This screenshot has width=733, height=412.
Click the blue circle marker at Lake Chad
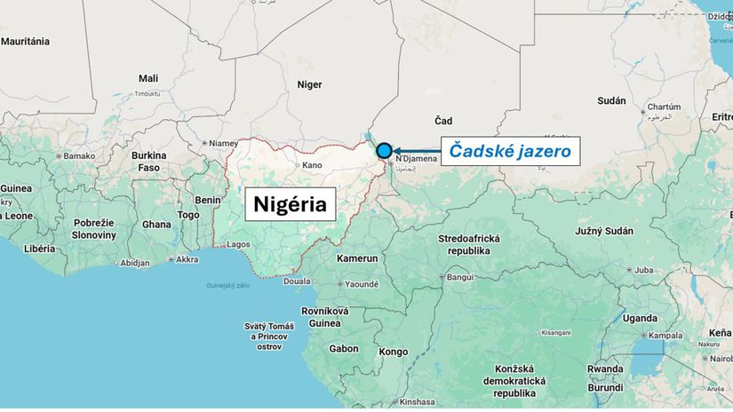pyautogui.click(x=384, y=151)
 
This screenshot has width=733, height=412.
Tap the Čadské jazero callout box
pyautogui.click(x=510, y=151)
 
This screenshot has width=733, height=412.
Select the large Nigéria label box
pyautogui.click(x=291, y=204)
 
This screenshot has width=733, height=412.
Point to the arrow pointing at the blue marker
pyautogui.click(x=416, y=151)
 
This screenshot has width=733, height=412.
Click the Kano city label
pyautogui.click(x=312, y=165)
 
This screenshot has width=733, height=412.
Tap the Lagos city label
pyautogui.click(x=238, y=243)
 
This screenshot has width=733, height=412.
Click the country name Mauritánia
pyautogui.click(x=25, y=42)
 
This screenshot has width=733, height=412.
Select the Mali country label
pyautogui.click(x=148, y=79)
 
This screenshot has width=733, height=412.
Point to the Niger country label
pyautogui.click(x=308, y=85)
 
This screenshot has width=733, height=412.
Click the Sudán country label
pyautogui.click(x=611, y=101)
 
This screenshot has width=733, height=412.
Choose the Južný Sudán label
pyautogui.click(x=604, y=231)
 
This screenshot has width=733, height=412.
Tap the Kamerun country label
pyautogui.click(x=357, y=258)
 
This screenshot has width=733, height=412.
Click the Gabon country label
pyautogui.click(x=344, y=349)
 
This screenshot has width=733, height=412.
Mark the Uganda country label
pyautogui.click(x=640, y=318)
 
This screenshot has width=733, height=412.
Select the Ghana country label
pyautogui.click(x=156, y=225)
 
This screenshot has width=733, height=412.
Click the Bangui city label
pyautogui.click(x=460, y=277)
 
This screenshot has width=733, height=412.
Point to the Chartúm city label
pyautogui.click(x=664, y=107)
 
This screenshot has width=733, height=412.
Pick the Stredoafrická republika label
pyautogui.click(x=469, y=245)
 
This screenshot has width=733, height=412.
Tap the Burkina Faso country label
pyautogui.click(x=148, y=162)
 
